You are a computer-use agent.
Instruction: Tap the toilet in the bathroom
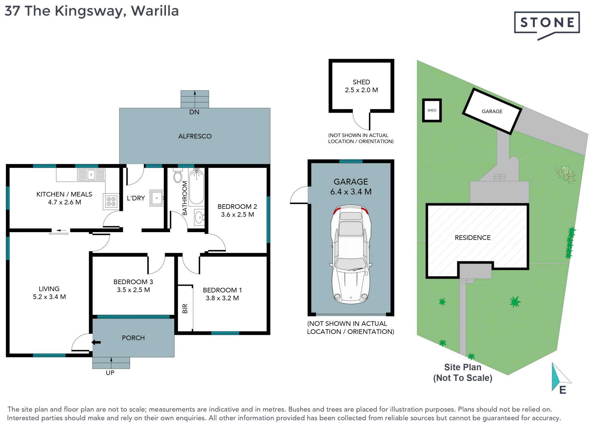click(178, 175)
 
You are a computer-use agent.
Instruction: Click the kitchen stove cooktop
click(111, 202)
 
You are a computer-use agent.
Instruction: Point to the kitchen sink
click(91, 175)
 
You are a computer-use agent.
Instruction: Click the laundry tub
click(157, 198)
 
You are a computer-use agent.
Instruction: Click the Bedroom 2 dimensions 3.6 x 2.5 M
click(238, 215)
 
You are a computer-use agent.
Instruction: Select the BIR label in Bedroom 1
click(185, 308)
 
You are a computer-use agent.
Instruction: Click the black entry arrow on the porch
click(96, 342)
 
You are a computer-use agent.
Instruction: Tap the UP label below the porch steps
click(110, 373)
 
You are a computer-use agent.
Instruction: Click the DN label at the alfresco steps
click(194, 112)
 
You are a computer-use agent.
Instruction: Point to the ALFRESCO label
click(195, 136)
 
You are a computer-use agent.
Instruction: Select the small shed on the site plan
click(432, 110)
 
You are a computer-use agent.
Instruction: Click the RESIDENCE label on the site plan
click(473, 237)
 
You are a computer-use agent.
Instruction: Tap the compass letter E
click(563, 390)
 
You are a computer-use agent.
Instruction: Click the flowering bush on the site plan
click(565, 174)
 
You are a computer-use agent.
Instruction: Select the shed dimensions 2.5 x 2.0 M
click(361, 90)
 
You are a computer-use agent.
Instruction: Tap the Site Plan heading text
click(462, 367)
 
